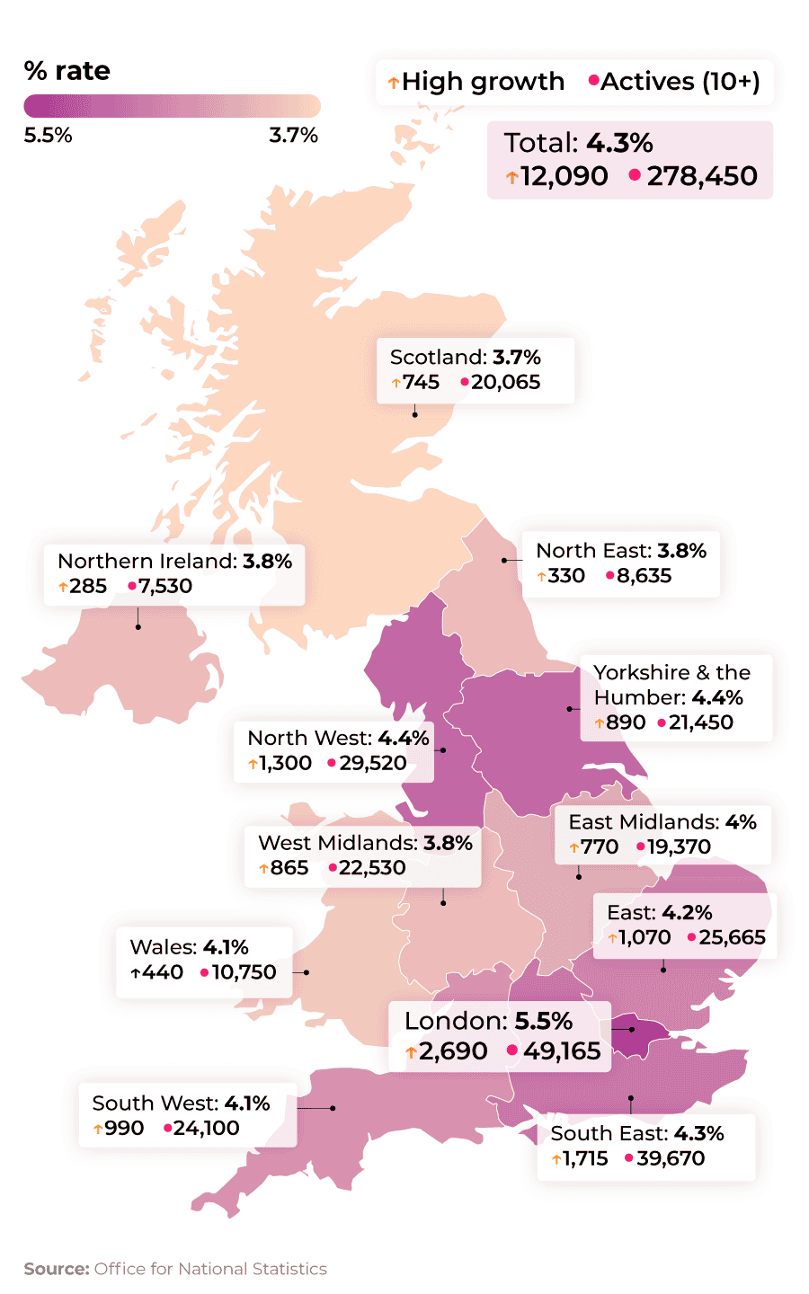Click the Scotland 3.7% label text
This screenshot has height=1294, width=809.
tap(465, 357)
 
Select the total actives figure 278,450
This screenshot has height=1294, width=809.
tap(702, 176)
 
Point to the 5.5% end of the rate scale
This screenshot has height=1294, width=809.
tap(48, 135)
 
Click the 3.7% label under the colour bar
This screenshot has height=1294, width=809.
tap(293, 135)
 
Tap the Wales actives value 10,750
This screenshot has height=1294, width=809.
tap(244, 972)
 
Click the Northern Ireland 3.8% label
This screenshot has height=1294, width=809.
tap(174, 561)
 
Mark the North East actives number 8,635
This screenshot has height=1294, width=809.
tap(644, 576)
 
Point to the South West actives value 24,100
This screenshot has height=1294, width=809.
tap(206, 1128)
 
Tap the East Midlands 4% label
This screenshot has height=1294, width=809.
tap(662, 821)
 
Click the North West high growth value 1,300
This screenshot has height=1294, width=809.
tap(285, 763)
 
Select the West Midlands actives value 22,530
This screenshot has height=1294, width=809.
tap(372, 868)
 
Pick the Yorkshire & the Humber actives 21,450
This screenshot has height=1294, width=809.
tap(700, 722)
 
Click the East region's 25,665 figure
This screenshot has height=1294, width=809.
tap(732, 937)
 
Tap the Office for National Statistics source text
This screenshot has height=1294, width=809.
tap(210, 1269)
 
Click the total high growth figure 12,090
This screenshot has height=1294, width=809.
tap(564, 176)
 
